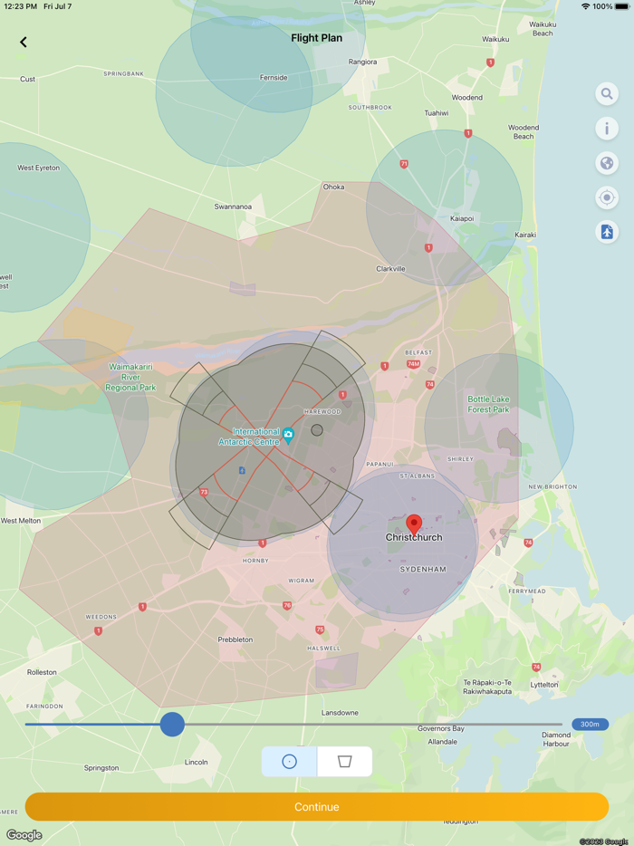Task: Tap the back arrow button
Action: (x=24, y=42)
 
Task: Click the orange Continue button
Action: (x=317, y=806)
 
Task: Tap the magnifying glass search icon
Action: (x=607, y=94)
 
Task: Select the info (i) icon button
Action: (x=607, y=129)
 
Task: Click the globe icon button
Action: (x=607, y=163)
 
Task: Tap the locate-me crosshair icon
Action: (x=607, y=197)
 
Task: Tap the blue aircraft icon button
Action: (x=607, y=232)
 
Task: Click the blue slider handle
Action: (x=172, y=724)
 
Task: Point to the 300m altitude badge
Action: (x=590, y=724)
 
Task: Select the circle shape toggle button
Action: (x=290, y=762)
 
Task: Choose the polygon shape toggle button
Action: (x=344, y=762)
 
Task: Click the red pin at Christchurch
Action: (x=414, y=524)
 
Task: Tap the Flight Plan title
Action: (x=317, y=38)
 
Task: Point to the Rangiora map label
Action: (x=362, y=62)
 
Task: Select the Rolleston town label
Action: (x=42, y=672)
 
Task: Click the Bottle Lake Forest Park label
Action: (x=488, y=404)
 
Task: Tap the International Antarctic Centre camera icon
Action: (x=288, y=435)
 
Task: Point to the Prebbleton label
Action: (x=235, y=639)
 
